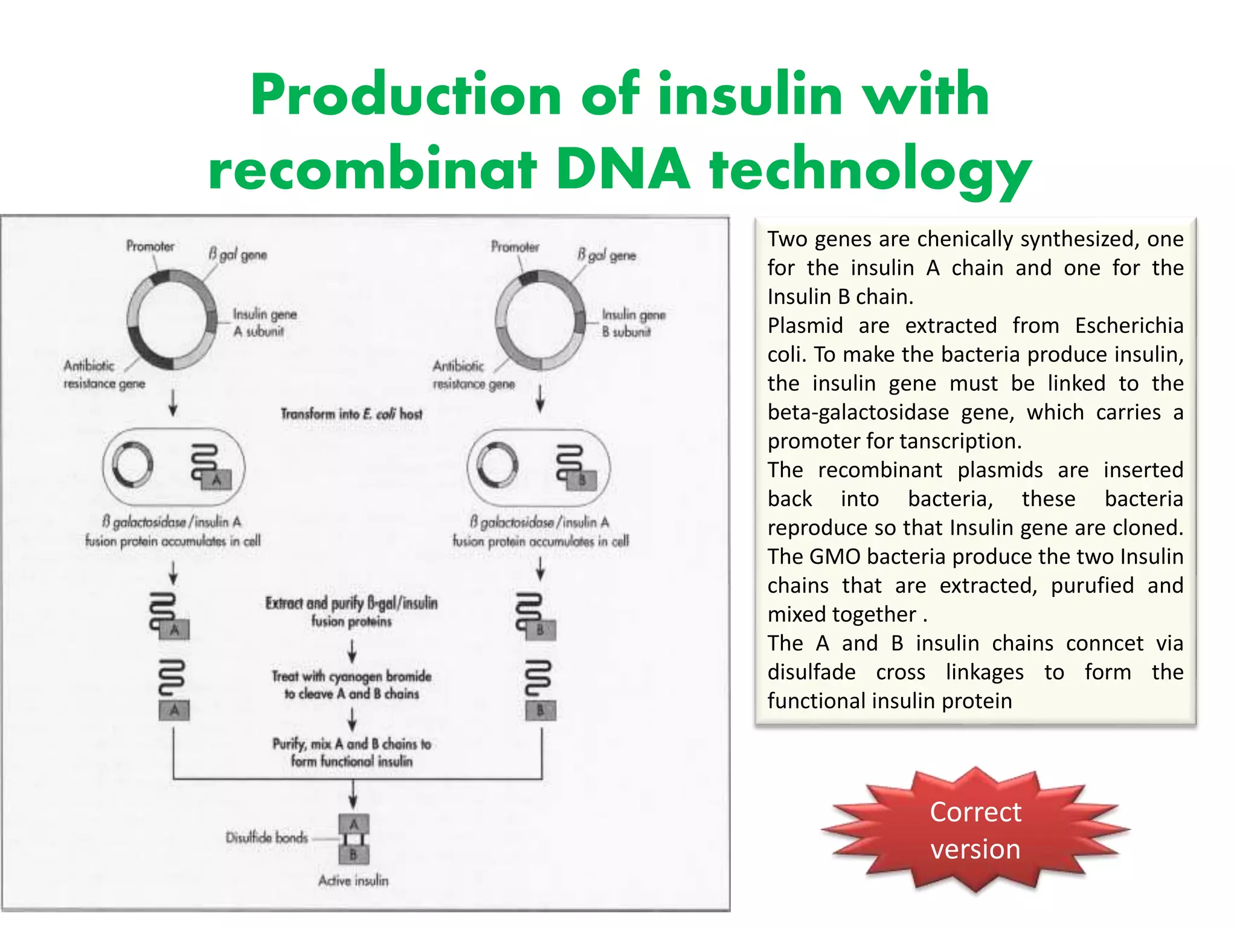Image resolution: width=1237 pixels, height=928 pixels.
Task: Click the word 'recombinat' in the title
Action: tap(372, 169)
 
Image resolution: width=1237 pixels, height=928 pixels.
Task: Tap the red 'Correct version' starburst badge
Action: tap(975, 830)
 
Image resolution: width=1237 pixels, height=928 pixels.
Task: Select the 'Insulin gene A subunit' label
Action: tap(265, 323)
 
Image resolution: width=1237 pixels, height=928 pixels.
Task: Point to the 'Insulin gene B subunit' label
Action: tap(633, 323)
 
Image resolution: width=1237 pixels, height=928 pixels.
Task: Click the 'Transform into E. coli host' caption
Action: tap(352, 414)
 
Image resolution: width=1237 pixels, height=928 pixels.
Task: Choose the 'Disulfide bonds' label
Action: tap(266, 837)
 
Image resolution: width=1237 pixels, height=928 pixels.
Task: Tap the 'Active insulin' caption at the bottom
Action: tap(353, 881)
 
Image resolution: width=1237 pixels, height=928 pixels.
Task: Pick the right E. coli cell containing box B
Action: tap(539, 467)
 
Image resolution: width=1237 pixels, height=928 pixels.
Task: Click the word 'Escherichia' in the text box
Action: tap(1129, 326)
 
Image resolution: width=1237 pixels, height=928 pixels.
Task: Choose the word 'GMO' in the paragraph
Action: tap(832, 556)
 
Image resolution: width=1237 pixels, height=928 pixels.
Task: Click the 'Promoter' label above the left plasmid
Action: tap(150, 246)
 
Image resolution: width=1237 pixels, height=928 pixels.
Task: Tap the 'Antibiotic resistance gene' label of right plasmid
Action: tap(473, 375)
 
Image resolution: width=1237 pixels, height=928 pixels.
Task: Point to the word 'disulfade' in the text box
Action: tap(811, 672)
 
